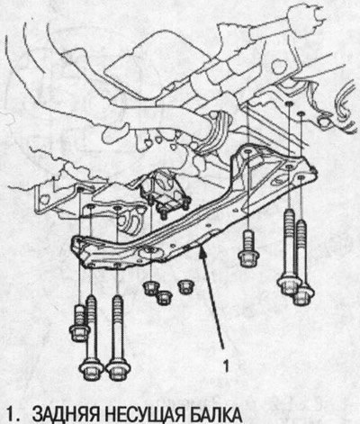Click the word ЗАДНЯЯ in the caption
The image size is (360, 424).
(x=66, y=415)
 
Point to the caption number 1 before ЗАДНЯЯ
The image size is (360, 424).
(x=12, y=415)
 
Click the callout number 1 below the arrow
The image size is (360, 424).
(x=227, y=365)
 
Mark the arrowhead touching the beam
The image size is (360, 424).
(x=202, y=253)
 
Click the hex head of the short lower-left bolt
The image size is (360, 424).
(x=79, y=332)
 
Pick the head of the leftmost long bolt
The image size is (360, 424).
(x=91, y=370)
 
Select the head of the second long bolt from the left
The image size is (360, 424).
(x=118, y=370)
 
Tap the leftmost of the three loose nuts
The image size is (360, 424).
(x=151, y=288)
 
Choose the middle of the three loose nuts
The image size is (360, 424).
(x=165, y=298)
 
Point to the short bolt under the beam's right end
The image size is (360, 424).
(x=248, y=252)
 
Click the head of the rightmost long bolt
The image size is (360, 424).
(x=303, y=296)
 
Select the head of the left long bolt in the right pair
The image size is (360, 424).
(x=289, y=284)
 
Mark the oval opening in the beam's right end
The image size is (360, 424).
(x=278, y=181)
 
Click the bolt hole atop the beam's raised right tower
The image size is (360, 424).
(x=248, y=153)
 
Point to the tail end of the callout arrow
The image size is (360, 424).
(x=223, y=348)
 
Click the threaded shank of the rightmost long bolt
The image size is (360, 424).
(x=301, y=252)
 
